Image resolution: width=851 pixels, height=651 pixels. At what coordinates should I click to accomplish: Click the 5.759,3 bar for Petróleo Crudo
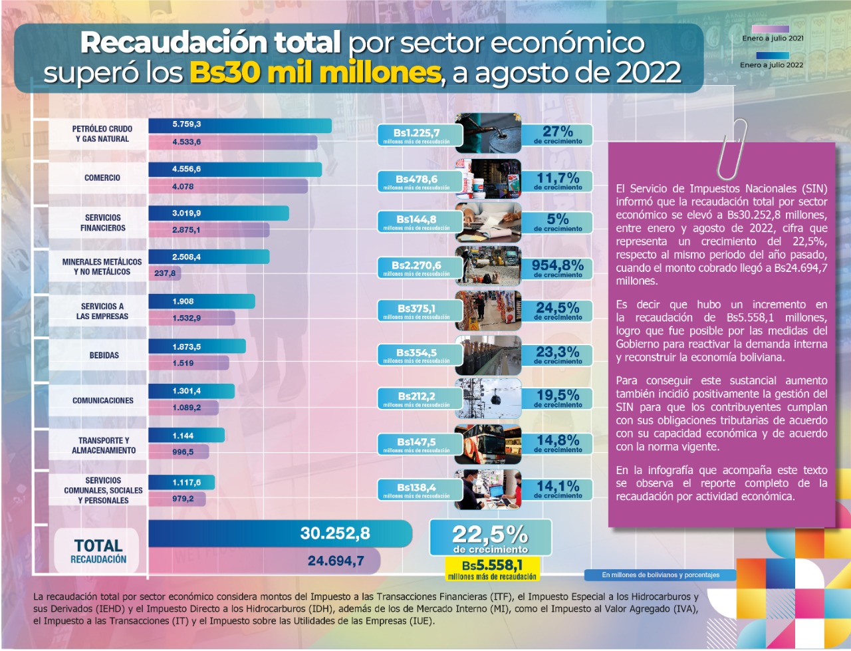239,125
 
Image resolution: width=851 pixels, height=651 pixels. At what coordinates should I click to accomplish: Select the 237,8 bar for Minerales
164,273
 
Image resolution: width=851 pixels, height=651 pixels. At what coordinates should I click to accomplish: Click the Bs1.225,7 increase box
417,135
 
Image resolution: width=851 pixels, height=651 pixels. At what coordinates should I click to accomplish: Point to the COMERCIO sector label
102,178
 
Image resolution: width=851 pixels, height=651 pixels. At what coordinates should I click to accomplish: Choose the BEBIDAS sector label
104,355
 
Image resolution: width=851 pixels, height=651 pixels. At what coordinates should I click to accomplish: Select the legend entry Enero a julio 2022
771,61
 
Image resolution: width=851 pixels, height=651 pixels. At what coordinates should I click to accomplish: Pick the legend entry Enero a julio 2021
771,34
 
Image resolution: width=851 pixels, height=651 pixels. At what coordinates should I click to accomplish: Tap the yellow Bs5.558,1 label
491,569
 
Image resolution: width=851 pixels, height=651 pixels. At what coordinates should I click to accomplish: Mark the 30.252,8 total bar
280,533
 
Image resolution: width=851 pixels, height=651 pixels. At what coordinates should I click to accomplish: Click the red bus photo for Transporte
487,444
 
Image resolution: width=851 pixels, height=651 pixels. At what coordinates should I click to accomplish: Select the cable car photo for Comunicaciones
487,398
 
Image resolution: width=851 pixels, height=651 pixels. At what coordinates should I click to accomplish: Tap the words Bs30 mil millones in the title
314,72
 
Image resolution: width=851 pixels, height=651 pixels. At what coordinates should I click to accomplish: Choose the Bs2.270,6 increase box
417,267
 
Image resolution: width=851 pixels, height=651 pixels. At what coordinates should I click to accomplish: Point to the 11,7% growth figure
557,180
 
